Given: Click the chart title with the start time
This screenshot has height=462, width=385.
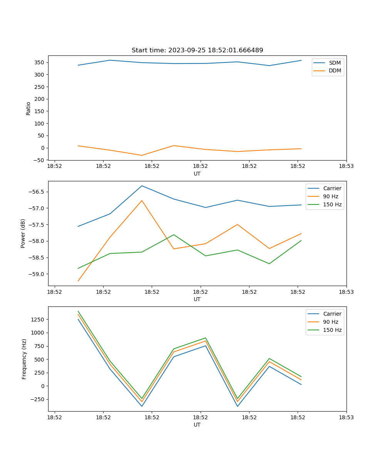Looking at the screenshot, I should pos(197,50).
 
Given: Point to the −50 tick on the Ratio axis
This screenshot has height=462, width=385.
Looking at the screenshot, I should pos(39,160).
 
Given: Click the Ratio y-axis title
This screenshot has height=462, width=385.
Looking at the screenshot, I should pos(28,108).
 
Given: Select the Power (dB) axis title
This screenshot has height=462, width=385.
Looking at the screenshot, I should pos(23,233).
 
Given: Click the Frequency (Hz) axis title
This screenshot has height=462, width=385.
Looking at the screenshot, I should pos(24,359).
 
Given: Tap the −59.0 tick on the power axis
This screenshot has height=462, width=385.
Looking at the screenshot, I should pos(37,274).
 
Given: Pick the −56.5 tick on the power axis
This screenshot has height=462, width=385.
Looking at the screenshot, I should pos(37,192).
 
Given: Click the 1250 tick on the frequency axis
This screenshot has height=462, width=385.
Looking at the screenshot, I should pos(38,320).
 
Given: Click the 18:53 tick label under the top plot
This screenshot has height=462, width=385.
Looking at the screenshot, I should pos(346,166).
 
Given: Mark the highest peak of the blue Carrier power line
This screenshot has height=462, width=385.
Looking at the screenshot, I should pos(142,186).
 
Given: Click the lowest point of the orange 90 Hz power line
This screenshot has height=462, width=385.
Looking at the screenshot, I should pos(78,281).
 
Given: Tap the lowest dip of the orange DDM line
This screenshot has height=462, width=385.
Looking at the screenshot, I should pos(142,155).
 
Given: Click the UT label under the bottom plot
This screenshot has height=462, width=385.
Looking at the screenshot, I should pos(197,425).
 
